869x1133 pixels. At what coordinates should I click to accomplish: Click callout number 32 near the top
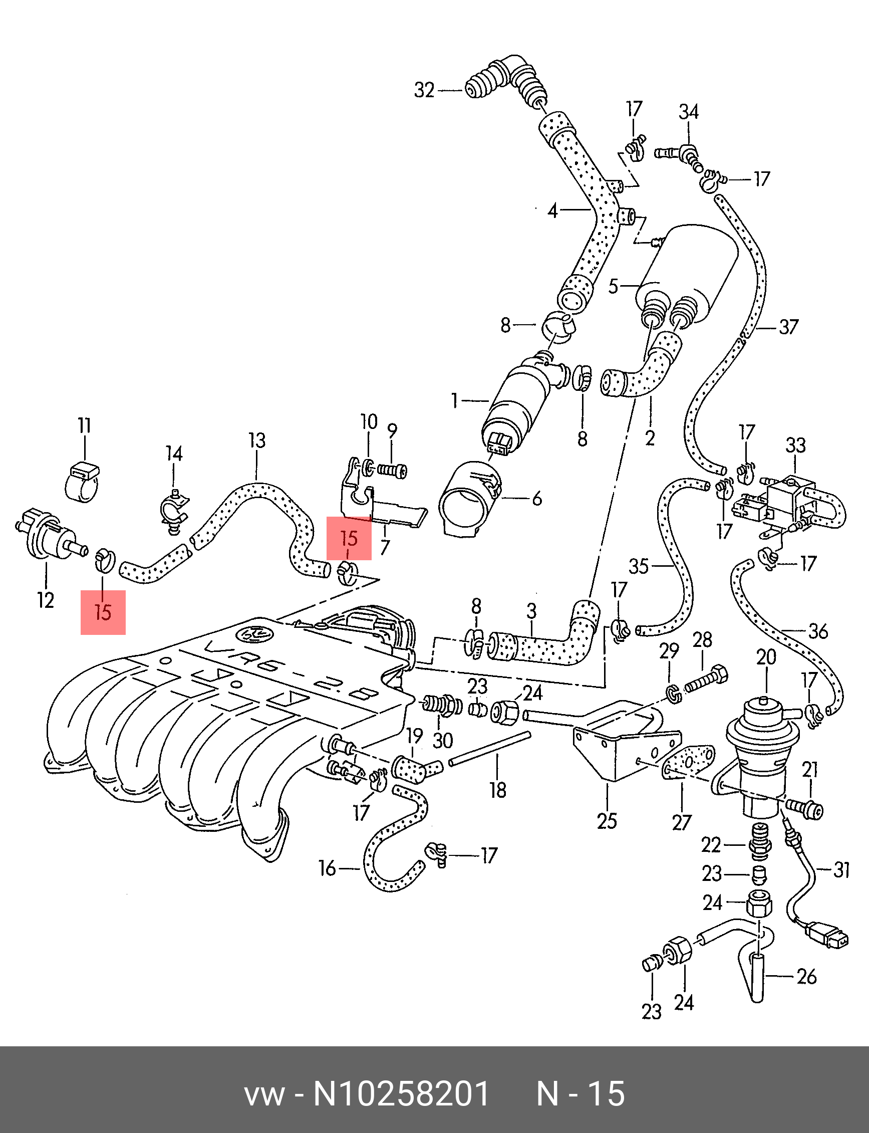(x=424, y=91)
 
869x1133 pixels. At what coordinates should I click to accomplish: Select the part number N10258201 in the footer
(x=401, y=1094)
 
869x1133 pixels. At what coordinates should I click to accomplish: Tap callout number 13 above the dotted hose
(x=256, y=440)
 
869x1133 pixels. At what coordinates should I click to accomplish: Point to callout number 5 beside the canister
(x=614, y=286)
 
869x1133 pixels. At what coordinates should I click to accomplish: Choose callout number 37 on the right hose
(x=789, y=327)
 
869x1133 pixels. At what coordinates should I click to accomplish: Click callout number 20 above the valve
(x=766, y=657)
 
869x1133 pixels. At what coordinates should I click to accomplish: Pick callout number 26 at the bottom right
(x=806, y=976)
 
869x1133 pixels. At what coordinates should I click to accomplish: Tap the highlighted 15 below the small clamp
(x=103, y=612)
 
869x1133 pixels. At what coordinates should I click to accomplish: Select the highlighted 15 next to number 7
(x=349, y=538)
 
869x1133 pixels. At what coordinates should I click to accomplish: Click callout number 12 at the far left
(x=46, y=600)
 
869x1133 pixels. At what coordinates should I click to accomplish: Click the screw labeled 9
(x=392, y=471)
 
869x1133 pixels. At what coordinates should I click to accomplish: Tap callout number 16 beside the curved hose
(x=327, y=868)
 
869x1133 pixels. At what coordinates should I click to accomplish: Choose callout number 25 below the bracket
(x=607, y=821)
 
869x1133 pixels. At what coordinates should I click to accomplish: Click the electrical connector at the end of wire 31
(x=830, y=937)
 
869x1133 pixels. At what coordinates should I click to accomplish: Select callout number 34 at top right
(x=689, y=111)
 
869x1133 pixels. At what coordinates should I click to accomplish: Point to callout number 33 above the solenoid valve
(x=795, y=445)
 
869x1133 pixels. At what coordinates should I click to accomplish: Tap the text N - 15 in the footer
(x=581, y=1094)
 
